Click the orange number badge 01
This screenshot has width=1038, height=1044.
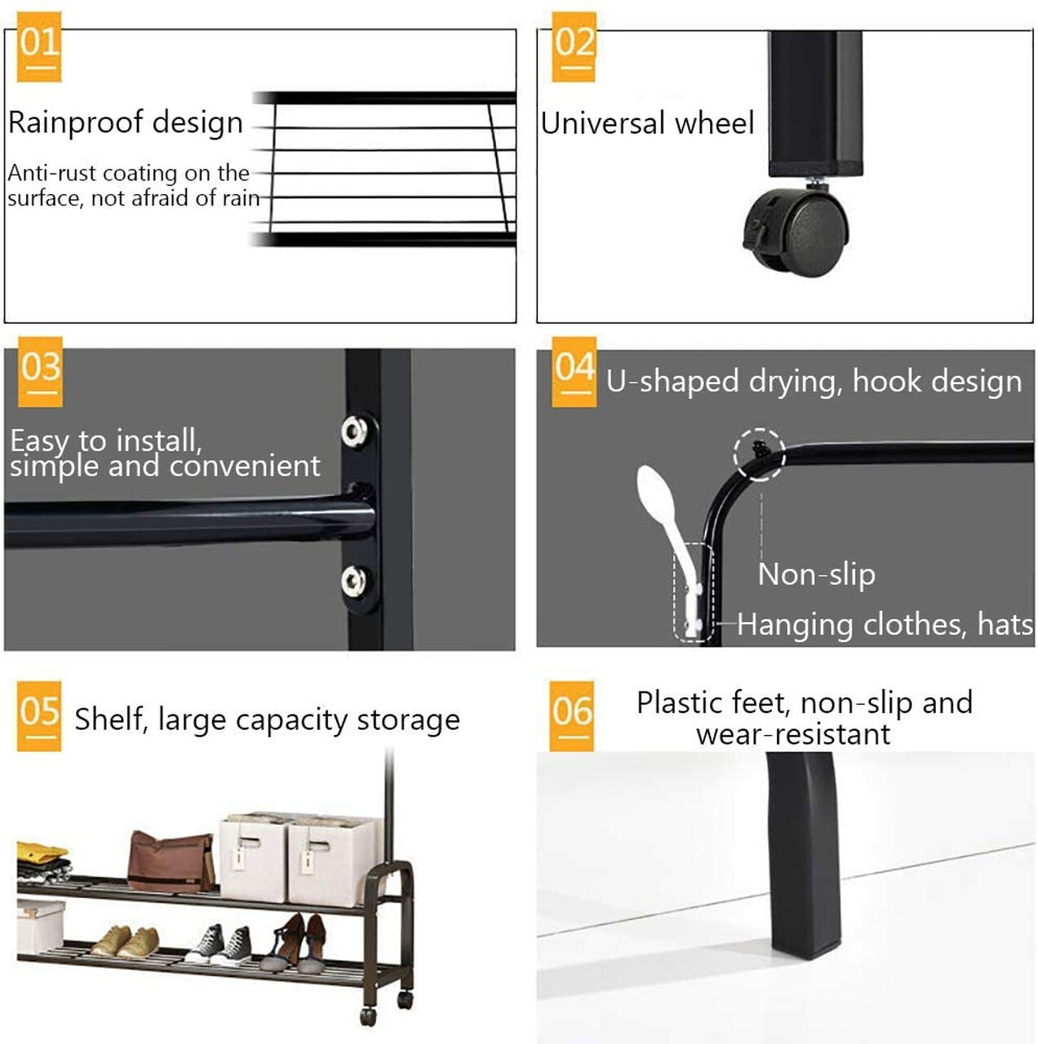click(38, 46)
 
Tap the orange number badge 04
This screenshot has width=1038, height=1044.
click(574, 371)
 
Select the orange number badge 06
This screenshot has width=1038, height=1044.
click(571, 715)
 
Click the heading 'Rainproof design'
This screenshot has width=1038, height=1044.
click(126, 122)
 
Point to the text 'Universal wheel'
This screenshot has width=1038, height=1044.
click(647, 123)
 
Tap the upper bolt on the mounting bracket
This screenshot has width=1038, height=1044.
click(354, 431)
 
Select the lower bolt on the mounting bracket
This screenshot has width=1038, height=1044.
click(354, 581)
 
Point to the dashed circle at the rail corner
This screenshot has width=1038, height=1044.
click(759, 453)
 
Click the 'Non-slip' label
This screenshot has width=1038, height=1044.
click(816, 574)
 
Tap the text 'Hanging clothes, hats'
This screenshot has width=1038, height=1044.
click(885, 624)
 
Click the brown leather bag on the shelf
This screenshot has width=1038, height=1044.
click(171, 862)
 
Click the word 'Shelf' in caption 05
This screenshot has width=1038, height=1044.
click(107, 719)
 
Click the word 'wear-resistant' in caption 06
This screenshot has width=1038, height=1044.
click(792, 734)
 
